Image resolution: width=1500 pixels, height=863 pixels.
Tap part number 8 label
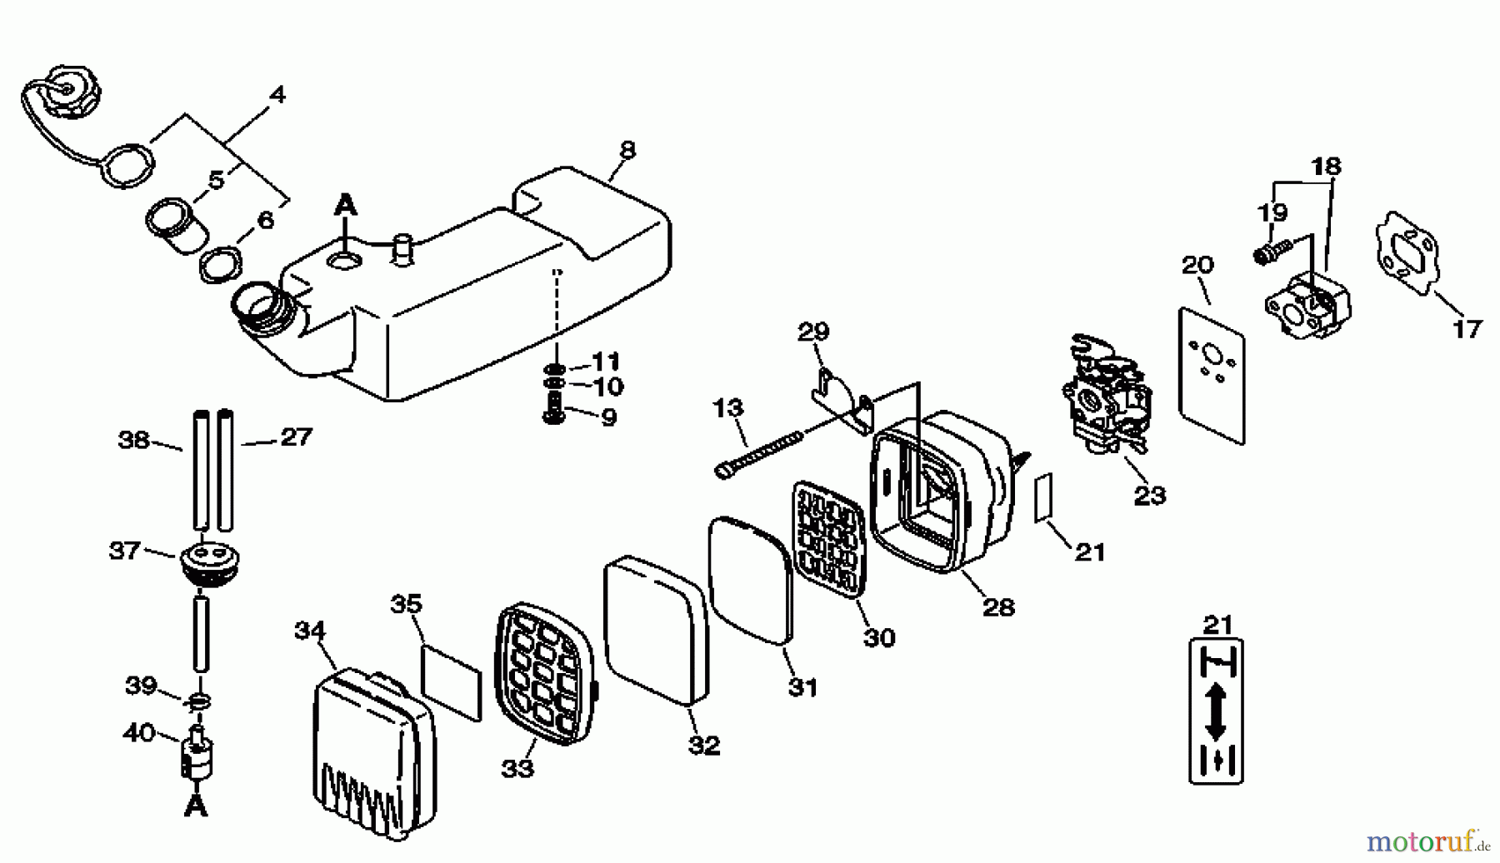[x=627, y=150]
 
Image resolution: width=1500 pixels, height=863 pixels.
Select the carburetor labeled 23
[x=1102, y=396]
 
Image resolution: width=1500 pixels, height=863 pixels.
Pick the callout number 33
[x=517, y=768]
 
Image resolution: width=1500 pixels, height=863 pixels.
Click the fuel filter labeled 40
[x=197, y=754]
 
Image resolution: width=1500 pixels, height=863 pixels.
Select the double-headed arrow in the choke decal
[x=1216, y=711]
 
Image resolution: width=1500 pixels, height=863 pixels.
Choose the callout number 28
[x=998, y=607]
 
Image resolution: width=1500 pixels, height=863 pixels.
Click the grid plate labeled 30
[x=827, y=538]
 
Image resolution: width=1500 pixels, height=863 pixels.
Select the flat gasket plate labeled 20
[x=1212, y=375]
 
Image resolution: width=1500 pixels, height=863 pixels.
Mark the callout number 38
[x=133, y=440]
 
